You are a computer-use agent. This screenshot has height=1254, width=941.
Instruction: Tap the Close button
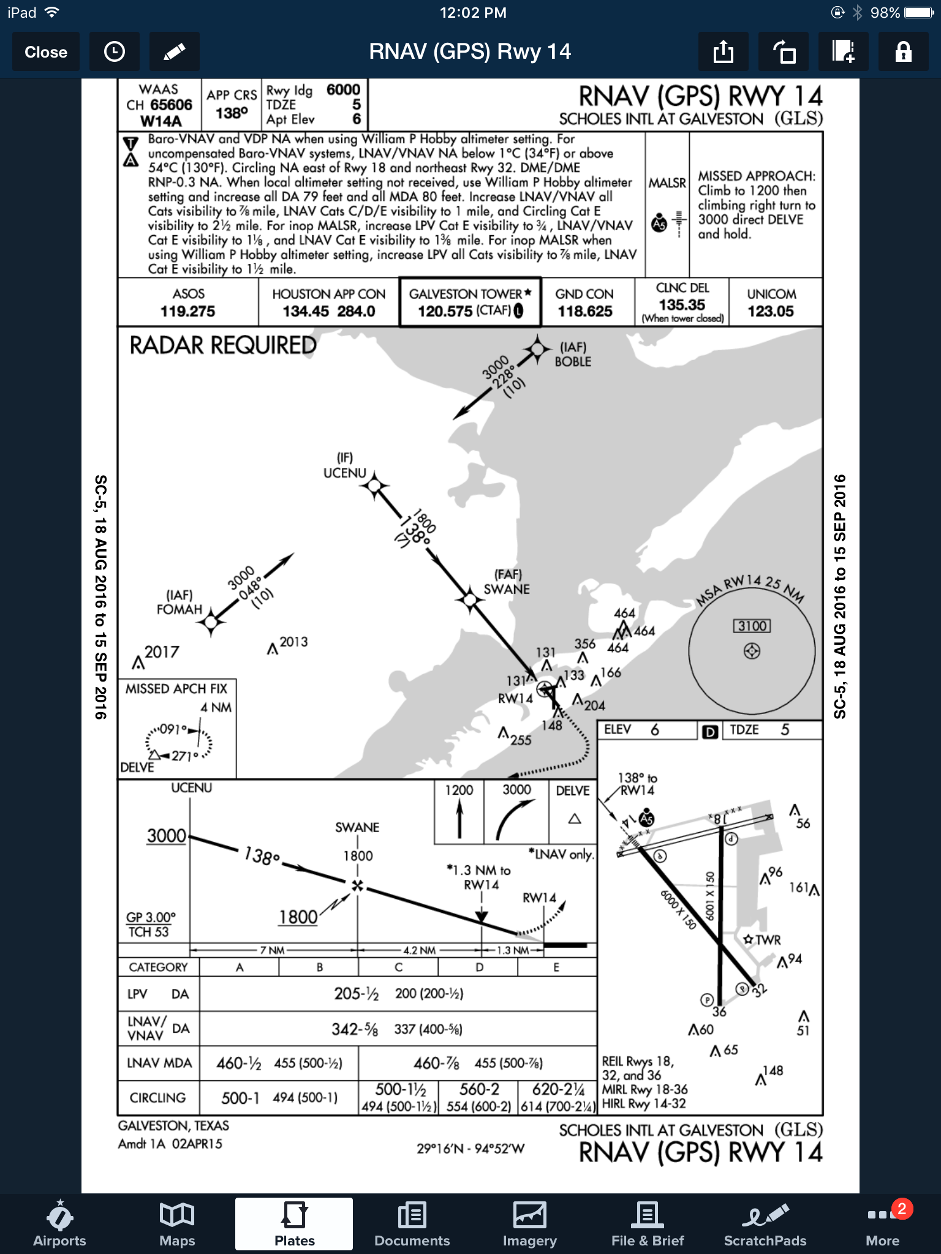pos(46,52)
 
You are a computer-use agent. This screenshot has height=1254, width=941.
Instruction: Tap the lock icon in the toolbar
pos(903,52)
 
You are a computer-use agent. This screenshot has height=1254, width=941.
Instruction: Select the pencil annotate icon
pos(175,52)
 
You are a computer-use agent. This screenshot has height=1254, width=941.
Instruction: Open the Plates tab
pos(294,1224)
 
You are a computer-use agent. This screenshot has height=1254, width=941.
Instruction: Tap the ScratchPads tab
pos(765,1224)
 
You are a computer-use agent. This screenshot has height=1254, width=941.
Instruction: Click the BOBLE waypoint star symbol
pos(537,349)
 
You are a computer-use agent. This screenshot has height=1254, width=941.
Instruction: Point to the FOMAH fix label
pos(179,609)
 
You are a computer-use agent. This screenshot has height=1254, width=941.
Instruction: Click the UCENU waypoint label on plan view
pos(344,473)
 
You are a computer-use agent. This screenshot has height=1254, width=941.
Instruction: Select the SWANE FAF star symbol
pos(470,600)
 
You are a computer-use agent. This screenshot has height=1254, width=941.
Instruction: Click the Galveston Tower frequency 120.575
pos(445,311)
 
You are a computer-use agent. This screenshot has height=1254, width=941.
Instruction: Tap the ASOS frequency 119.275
pos(187,311)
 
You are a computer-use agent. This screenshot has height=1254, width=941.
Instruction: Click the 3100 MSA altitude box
pos(752,626)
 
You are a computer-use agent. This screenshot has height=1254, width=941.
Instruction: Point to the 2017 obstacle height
pos(162,652)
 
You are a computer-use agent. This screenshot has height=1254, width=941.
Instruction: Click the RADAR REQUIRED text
pos(223,345)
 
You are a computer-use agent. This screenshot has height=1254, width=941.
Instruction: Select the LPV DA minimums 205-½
pos(356,994)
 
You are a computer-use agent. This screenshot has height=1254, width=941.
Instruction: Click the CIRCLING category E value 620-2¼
pos(557,1089)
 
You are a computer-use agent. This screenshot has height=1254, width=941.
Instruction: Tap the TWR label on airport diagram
pos(767,940)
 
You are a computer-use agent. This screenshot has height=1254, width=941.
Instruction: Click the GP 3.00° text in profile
pos(151,917)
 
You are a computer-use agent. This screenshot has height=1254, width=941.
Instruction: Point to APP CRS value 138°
pos(232,113)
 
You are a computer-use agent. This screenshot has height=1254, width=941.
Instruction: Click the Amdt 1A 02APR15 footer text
pos(170,1144)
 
